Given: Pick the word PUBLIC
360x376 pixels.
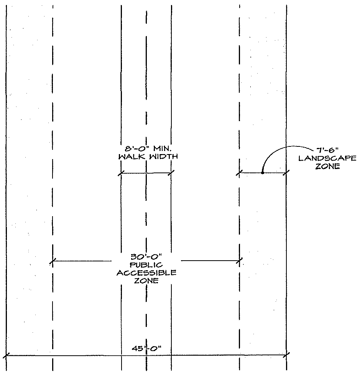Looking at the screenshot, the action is pos(146,265).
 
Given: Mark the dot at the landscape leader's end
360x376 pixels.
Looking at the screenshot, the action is pos(263,172).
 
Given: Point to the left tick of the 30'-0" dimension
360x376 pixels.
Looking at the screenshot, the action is pos(53,262).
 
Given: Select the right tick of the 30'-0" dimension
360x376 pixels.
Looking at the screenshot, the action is pos(240,261).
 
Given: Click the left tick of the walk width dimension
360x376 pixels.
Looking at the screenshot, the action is pos(121,173).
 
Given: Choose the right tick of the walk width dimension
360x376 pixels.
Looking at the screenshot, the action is pos(171,173).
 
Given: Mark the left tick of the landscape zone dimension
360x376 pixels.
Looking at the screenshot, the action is pos(240,173).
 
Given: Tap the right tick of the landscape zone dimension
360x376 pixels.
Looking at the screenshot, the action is pos(286,173).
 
